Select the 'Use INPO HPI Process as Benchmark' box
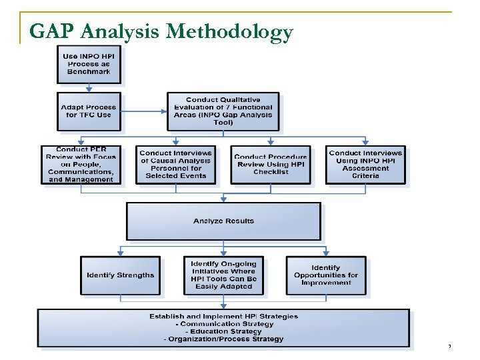click(x=89, y=63)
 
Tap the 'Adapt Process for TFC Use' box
click(x=89, y=111)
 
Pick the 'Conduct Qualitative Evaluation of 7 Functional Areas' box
click(x=223, y=111)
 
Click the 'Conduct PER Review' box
click(x=81, y=165)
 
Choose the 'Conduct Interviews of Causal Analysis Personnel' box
click(x=176, y=164)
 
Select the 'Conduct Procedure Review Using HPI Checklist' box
click(x=271, y=164)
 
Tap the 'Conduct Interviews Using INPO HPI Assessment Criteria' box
click(x=365, y=164)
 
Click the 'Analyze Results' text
click(x=223, y=221)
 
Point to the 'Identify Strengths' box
click(x=120, y=275)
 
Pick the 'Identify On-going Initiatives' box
click(x=223, y=275)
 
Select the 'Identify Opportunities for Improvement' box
click(x=326, y=275)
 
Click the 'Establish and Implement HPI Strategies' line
click(x=223, y=316)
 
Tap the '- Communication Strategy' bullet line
click(x=223, y=324)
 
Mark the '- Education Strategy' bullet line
click(x=223, y=331)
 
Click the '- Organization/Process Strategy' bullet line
click(x=223, y=339)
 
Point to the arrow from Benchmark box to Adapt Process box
click(x=89, y=87)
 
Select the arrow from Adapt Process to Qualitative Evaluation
click(x=143, y=111)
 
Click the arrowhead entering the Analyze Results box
click(x=223, y=199)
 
